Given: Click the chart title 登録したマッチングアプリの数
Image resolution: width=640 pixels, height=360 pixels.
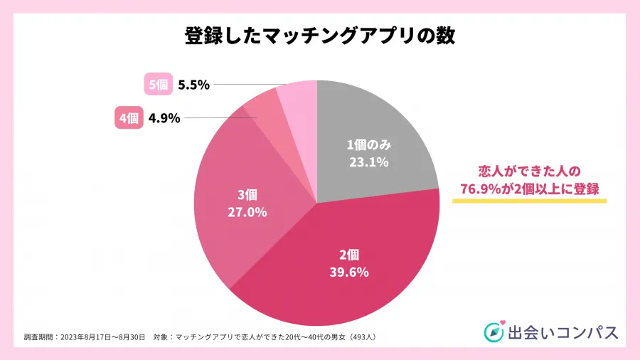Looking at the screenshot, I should click(x=319, y=35).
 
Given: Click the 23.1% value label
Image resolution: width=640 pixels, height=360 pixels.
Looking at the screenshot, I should click(x=368, y=162).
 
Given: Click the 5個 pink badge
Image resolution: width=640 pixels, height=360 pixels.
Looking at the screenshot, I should click(x=157, y=85).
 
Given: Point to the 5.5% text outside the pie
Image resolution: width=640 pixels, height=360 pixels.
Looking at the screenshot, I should click(x=193, y=85).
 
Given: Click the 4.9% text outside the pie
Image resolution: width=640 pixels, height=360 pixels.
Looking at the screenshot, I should click(x=164, y=119).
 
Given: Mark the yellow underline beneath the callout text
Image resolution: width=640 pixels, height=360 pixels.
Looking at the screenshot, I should click(x=529, y=201).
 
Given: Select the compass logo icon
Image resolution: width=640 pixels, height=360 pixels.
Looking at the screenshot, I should click(x=494, y=332).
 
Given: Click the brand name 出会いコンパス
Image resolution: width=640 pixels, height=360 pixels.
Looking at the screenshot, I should click(x=562, y=332).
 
